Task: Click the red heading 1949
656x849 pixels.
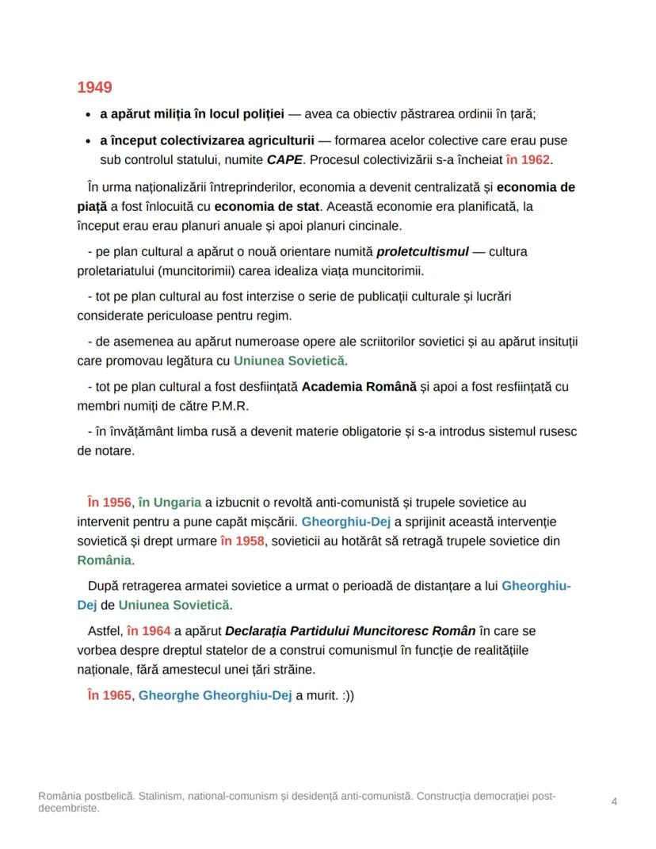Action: click(x=94, y=88)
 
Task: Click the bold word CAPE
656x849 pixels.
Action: click(x=283, y=159)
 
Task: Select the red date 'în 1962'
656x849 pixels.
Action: click(x=528, y=159)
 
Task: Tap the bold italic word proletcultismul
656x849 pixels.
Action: click(x=422, y=252)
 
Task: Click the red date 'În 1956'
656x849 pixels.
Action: click(x=109, y=503)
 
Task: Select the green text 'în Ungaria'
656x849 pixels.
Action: click(x=170, y=503)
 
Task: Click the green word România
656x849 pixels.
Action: click(x=104, y=560)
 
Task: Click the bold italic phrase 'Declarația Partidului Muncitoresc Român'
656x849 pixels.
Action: click(x=350, y=632)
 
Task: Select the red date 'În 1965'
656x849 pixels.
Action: click(x=109, y=696)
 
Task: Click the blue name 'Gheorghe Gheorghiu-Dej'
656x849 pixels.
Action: click(x=215, y=696)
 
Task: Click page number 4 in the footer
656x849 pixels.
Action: click(x=615, y=801)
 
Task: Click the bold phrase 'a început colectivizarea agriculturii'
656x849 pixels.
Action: click(x=207, y=140)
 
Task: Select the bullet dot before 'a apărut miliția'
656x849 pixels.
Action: click(x=87, y=115)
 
